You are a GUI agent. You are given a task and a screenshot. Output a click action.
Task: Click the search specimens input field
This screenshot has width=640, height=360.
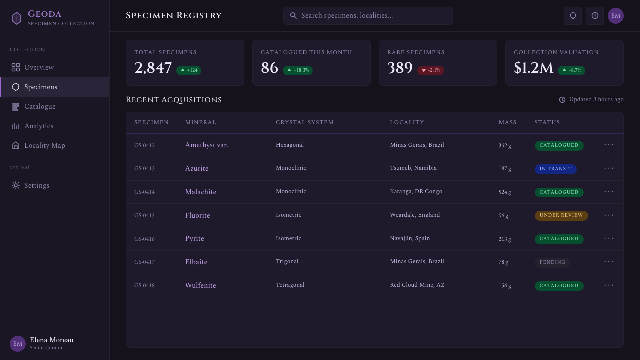368,16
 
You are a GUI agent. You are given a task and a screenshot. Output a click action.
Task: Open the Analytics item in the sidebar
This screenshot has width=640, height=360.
39,126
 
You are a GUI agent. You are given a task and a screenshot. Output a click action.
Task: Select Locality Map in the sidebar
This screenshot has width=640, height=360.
45,145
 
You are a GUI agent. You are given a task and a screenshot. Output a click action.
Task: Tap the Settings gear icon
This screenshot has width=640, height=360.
16,185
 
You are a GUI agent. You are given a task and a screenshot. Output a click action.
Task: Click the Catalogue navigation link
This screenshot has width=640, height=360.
40,107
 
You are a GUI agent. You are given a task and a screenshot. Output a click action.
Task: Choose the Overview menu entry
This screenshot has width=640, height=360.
39,67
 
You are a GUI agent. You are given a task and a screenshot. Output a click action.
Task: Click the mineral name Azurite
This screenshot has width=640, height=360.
197,168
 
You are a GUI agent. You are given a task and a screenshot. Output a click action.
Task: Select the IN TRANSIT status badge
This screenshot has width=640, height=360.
555,169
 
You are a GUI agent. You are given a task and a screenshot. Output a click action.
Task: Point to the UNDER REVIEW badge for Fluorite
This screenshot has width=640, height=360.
561,215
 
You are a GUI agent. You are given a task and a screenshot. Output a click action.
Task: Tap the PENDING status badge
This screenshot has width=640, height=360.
552,262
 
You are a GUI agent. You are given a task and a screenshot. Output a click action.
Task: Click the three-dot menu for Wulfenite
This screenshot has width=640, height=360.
609,285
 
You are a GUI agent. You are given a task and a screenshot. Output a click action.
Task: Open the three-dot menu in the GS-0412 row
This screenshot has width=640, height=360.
609,145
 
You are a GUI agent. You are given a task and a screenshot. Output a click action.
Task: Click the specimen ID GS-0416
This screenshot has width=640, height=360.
144,239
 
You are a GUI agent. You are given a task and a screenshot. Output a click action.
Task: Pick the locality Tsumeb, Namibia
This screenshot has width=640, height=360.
413,168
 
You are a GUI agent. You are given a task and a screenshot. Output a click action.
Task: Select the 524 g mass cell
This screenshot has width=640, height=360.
505,192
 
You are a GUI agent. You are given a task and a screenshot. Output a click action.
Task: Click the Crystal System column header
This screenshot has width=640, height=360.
305,122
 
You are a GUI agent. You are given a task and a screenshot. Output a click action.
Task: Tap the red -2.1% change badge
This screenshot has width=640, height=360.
431,70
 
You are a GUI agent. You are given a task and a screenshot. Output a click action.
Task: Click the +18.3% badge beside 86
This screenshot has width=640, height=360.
297,70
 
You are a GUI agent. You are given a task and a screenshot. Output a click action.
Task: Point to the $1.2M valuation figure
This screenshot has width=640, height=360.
533,68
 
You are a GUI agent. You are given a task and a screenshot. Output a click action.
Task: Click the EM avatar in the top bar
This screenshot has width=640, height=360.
615,16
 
